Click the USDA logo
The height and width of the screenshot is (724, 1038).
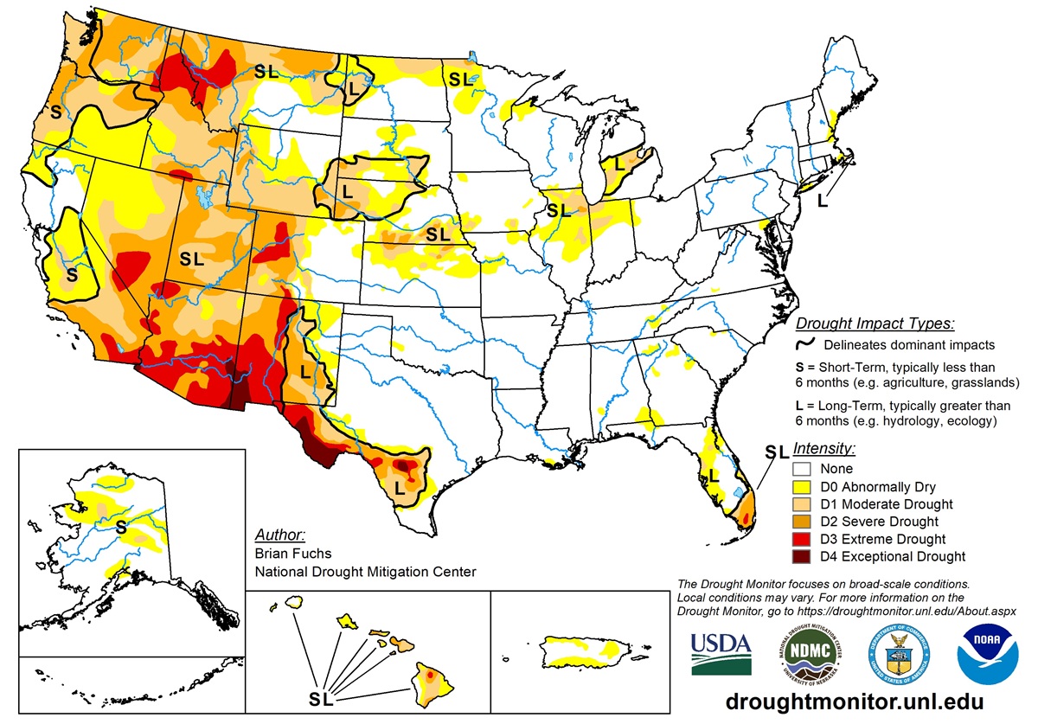pos(719,654)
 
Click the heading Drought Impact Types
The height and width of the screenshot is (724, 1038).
pos(875,324)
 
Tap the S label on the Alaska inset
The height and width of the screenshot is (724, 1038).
pos(121,524)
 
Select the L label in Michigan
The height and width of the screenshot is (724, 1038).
pos(619,163)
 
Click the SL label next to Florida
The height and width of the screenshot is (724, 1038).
pos(777,452)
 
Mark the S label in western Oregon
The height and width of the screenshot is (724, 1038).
pos(55,112)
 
